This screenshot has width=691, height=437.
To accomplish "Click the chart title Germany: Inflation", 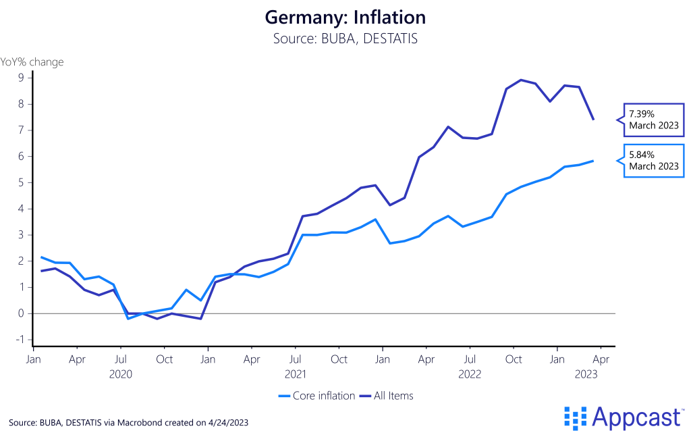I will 345,16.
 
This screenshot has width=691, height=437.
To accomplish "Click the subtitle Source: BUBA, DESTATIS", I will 345,38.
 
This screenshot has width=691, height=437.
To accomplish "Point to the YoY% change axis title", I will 32,62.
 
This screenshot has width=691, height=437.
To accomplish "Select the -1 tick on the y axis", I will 19,340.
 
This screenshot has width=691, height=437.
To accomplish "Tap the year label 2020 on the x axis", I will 120,373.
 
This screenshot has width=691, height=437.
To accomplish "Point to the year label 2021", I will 296,373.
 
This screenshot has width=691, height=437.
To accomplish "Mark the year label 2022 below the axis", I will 470,373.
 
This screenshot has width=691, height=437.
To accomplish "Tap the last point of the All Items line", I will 593,120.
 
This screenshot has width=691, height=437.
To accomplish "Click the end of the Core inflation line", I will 593,161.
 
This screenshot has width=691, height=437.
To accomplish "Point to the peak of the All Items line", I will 520,80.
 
